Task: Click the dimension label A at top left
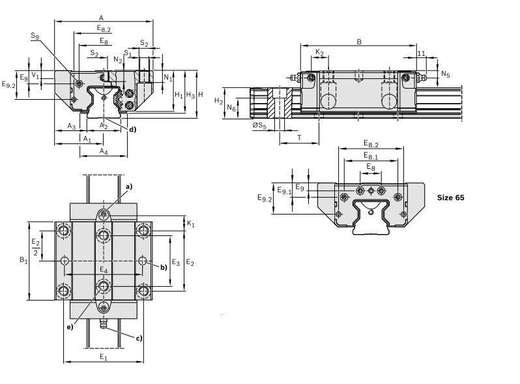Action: (x=100, y=17)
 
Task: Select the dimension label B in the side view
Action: (x=359, y=41)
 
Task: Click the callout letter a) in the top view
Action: (x=128, y=186)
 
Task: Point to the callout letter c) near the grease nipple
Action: (x=139, y=338)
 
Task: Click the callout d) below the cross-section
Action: (x=132, y=129)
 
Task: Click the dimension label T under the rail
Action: (x=298, y=138)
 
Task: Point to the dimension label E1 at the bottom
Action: (x=103, y=357)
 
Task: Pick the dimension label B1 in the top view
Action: (x=23, y=260)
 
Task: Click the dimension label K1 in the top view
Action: (x=190, y=224)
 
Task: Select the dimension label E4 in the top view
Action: (x=103, y=269)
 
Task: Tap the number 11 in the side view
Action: (x=421, y=53)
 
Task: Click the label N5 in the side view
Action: (x=445, y=74)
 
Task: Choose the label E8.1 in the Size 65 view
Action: (x=371, y=156)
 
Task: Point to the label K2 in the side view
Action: (x=319, y=52)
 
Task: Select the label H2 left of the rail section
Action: (x=219, y=102)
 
